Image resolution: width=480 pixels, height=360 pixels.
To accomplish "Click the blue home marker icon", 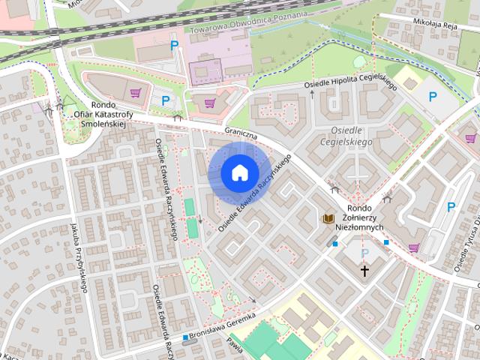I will pos(239,173).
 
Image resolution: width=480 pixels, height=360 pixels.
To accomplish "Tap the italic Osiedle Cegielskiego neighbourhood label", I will pos(346,135).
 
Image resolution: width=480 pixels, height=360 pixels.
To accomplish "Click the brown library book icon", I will pos(328,218).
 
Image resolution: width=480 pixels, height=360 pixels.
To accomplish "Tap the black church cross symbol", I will pos(365,270).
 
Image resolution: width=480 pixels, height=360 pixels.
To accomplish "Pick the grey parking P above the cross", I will pos(365,253).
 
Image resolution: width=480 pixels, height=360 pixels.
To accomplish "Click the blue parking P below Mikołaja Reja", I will pos(432,96).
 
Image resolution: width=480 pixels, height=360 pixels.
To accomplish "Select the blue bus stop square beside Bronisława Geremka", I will pos(185,337).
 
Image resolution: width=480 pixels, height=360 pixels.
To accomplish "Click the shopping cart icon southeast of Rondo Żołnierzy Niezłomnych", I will pos(413,247).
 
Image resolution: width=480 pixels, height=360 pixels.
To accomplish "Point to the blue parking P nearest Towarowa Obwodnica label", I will pos(175,46).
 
